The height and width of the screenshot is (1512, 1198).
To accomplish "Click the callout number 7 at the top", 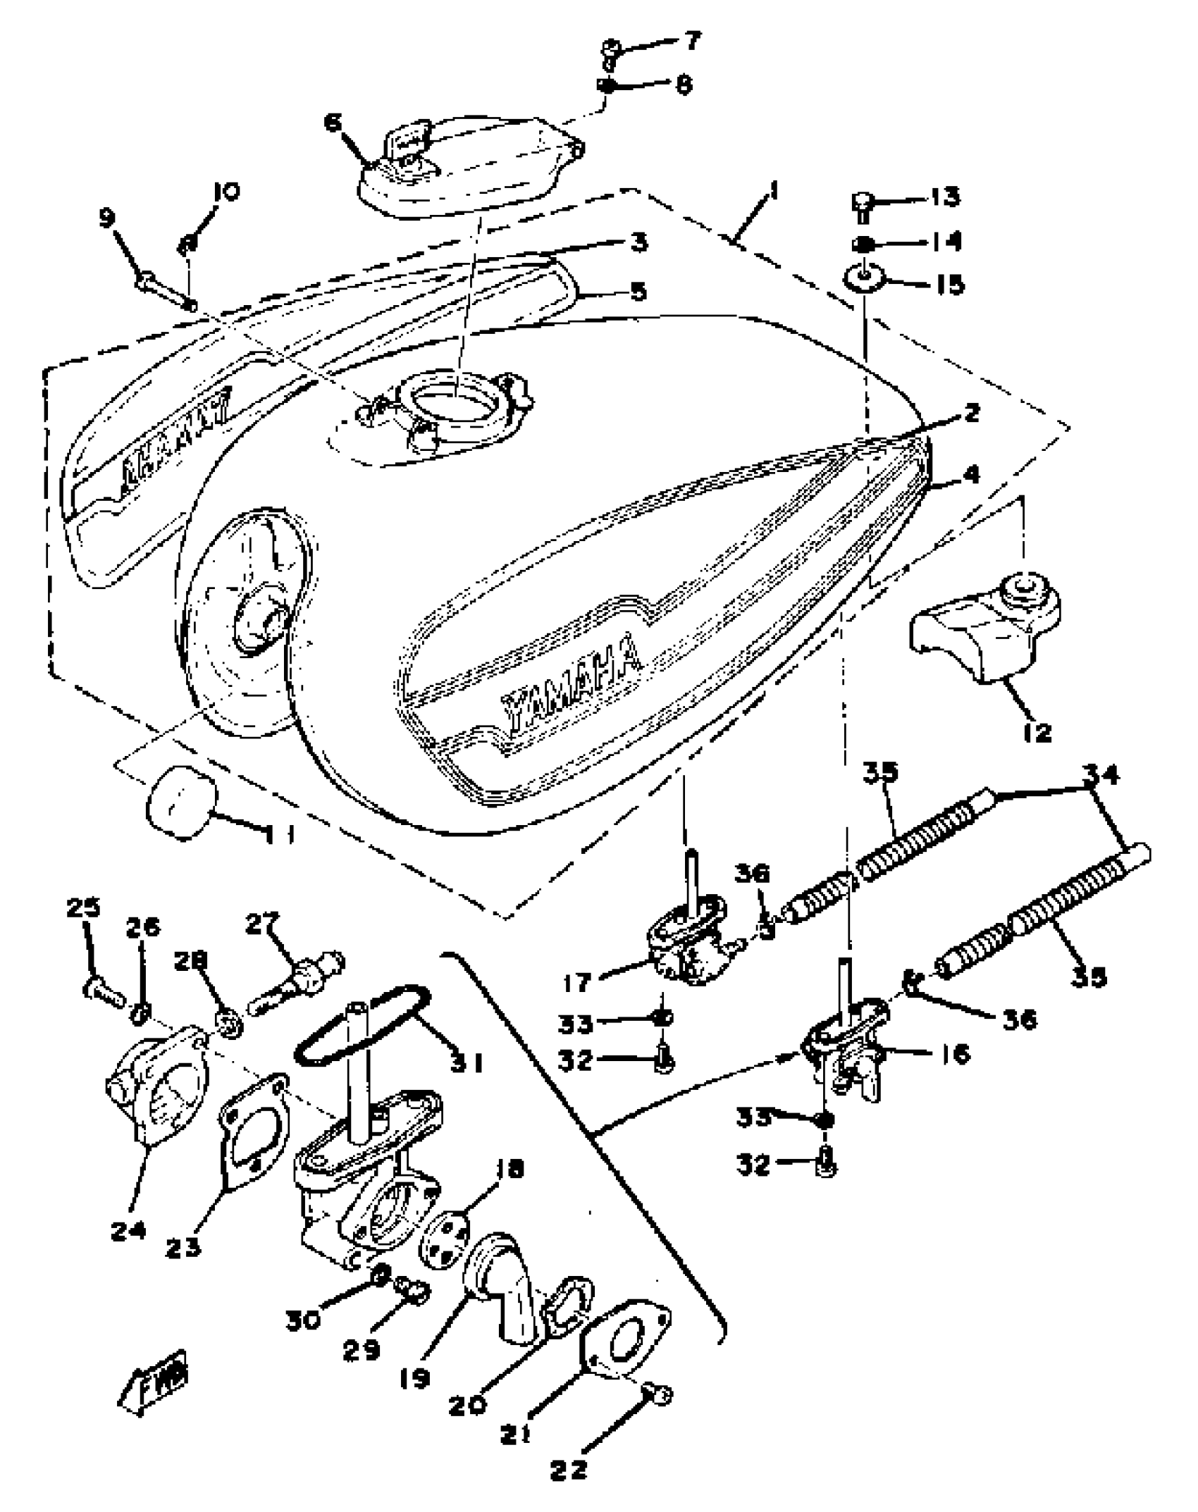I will tap(692, 41).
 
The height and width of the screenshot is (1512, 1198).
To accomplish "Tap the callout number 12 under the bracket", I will tap(1036, 732).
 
